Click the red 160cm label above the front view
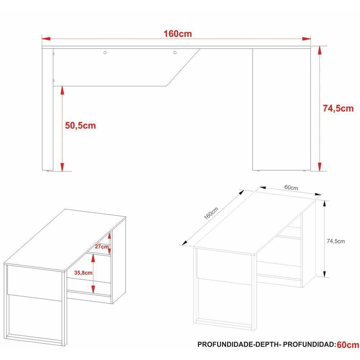tap(177, 34)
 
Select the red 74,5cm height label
tap(338, 108)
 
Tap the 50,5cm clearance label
tap(81, 125)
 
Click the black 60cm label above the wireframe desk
tap(291, 188)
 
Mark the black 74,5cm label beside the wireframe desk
tap(335, 241)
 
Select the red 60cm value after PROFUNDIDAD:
tap(347, 345)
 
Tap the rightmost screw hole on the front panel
tap(175, 53)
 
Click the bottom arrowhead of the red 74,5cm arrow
tap(319, 166)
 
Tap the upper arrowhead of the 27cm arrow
tap(109, 234)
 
